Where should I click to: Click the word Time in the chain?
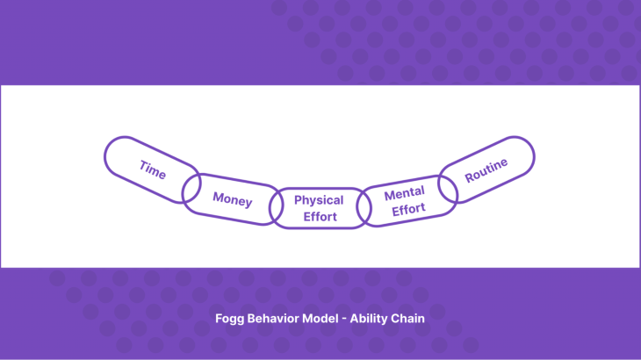[152, 169]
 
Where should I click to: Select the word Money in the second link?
[233, 200]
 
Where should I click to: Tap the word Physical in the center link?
[319, 200]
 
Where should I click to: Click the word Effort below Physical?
[320, 217]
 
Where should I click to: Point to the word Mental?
[404, 192]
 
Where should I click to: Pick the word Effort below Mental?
[408, 210]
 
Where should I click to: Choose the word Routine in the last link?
[486, 169]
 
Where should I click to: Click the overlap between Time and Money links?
[191, 188]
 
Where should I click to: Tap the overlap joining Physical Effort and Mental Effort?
[363, 208]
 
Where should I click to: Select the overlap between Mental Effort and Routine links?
[448, 186]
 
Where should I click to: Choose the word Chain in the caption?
[408, 319]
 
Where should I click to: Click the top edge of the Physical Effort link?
[319, 189]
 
